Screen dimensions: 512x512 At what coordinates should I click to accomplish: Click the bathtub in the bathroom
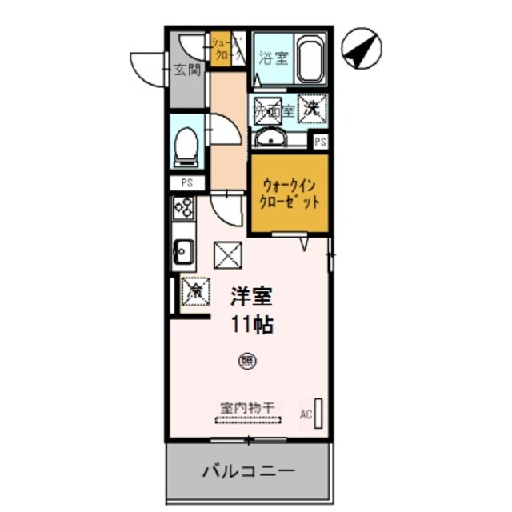point(310,59)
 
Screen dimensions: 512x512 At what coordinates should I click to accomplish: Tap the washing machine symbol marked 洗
point(311,106)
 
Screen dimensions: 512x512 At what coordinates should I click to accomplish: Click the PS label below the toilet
point(186,183)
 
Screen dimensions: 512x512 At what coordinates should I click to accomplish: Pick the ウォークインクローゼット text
point(289,193)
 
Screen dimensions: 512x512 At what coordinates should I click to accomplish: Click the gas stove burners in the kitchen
point(183,208)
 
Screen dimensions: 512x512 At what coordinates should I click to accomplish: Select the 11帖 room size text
point(250,325)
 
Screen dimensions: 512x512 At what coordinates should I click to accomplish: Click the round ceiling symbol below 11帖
point(246,361)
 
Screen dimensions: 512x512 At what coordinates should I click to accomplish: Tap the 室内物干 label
point(246,407)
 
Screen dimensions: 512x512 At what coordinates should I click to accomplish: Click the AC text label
point(306,414)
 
